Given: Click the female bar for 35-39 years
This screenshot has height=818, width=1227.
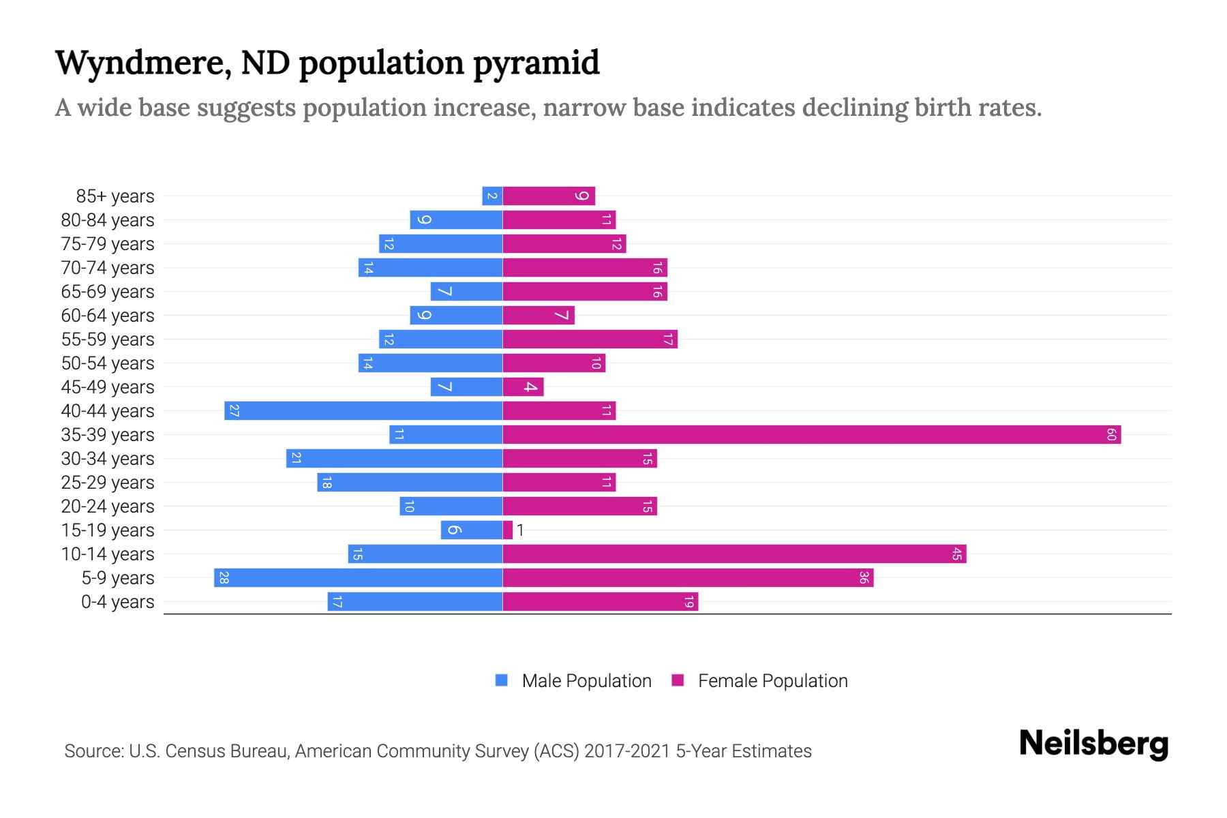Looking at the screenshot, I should (x=811, y=434).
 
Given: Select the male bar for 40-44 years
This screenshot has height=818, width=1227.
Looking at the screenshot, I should (x=363, y=410).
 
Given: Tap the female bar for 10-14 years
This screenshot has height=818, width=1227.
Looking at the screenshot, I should (x=734, y=554).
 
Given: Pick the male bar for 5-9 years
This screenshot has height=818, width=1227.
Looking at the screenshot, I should (x=358, y=577).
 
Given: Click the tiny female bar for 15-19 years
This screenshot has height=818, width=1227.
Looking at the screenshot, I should (x=507, y=530).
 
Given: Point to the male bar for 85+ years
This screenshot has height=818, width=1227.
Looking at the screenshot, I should (x=492, y=196).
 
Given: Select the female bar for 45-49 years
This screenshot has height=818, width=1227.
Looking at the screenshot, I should (x=523, y=387).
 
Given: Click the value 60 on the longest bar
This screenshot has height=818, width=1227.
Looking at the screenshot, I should (x=1111, y=434).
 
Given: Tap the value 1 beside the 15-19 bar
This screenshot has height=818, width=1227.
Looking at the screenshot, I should (x=520, y=530).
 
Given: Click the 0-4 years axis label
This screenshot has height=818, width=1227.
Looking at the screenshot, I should (x=117, y=602).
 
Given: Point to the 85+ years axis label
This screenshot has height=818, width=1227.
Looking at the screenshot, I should (x=115, y=196).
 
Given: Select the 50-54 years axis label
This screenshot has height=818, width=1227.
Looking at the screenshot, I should (x=108, y=363).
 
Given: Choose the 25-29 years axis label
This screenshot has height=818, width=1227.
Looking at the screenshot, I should (x=108, y=483).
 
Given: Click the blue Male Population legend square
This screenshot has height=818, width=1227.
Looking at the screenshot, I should (x=502, y=680).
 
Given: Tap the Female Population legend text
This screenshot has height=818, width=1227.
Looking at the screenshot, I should (x=772, y=680).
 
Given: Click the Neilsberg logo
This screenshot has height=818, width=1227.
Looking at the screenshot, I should (x=1093, y=743).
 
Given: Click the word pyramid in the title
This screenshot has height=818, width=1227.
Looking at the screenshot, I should (x=535, y=63).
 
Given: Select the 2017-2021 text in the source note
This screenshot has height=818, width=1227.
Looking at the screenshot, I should (x=626, y=751).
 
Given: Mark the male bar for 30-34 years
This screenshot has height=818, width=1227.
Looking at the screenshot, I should (x=394, y=458).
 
